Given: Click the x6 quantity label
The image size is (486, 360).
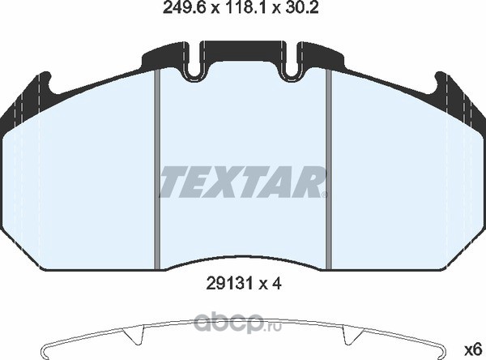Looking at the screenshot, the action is tap(473, 350).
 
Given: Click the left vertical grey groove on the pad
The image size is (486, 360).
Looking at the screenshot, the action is tap(157, 169).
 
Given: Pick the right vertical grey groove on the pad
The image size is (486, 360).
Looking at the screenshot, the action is tap(329, 169).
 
